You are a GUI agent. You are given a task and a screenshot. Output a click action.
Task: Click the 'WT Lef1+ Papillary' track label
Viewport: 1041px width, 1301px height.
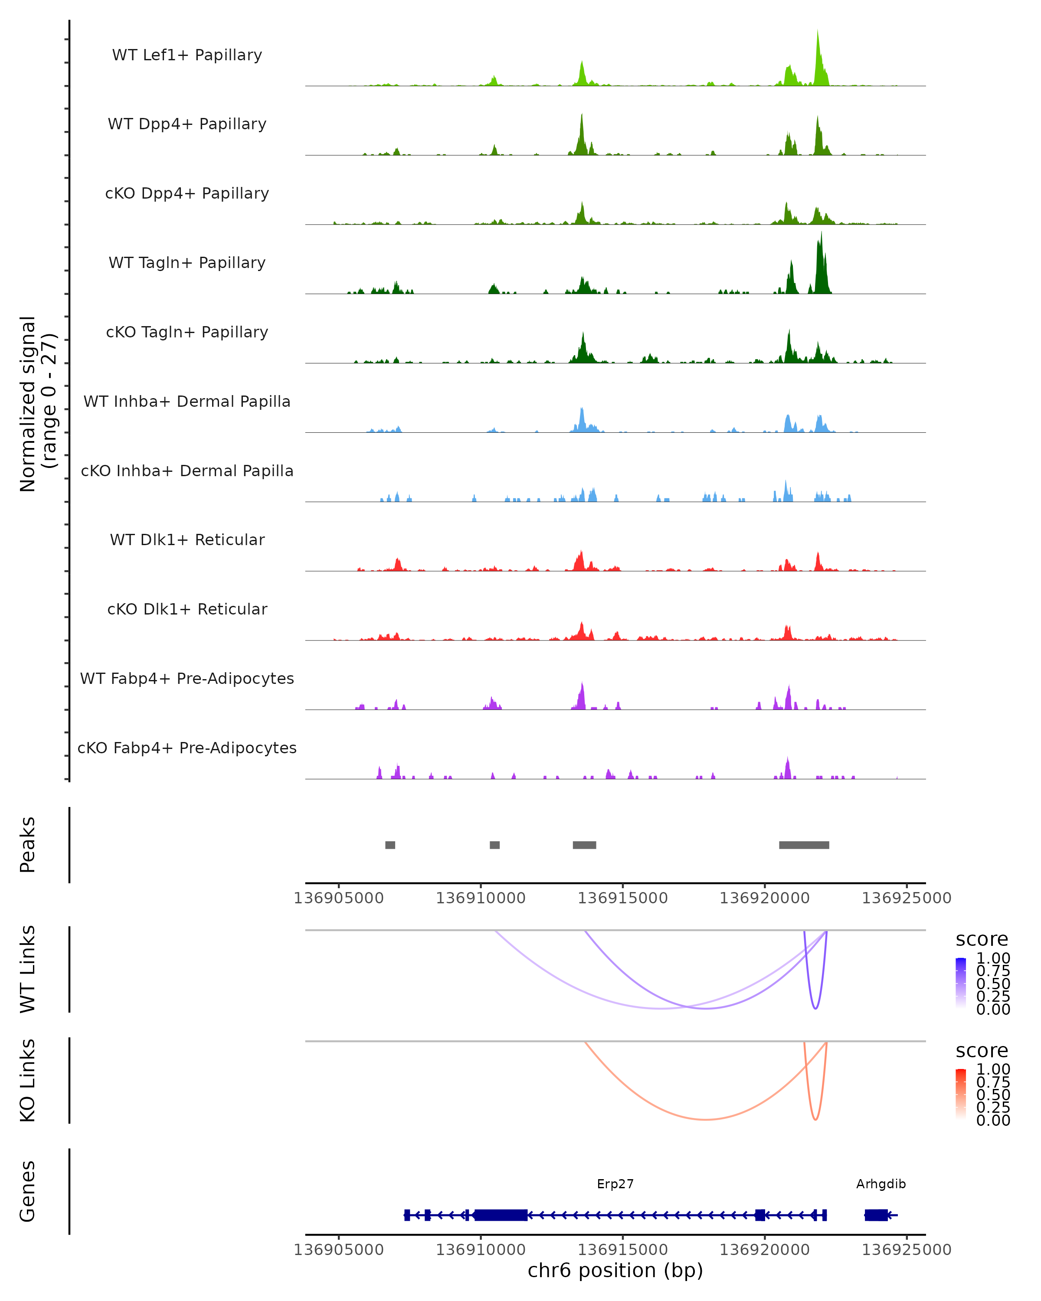[187, 55]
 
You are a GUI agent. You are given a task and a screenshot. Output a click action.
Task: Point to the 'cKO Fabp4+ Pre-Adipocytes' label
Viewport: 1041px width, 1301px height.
[187, 748]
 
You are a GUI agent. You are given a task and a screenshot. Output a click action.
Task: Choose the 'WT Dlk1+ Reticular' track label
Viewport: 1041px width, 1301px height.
[187, 539]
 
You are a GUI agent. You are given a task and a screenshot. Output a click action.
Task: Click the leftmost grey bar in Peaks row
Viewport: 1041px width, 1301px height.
[390, 845]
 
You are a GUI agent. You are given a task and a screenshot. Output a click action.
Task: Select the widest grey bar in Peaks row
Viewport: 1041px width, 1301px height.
[804, 845]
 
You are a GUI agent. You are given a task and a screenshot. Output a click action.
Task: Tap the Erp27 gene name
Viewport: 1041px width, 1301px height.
[615, 1184]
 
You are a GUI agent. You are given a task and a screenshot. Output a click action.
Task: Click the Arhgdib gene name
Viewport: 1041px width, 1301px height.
[881, 1184]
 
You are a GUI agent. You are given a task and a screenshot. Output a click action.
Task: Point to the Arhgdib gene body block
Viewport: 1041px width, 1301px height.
[876, 1215]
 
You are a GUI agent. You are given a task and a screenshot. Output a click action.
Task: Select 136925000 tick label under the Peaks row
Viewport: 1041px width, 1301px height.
[907, 898]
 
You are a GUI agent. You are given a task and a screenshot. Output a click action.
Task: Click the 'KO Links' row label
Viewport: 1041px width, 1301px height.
[28, 1080]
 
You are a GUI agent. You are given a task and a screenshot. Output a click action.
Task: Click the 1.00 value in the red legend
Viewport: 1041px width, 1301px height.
[993, 1069]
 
